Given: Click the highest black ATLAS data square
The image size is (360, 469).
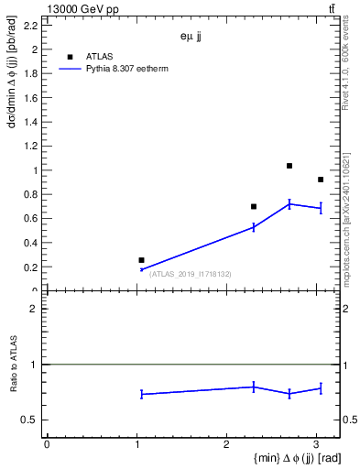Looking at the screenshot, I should pos(289,166).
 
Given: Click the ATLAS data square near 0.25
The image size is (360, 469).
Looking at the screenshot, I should pos(141,260).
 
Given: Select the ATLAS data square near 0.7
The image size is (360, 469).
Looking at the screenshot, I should pos(254,206).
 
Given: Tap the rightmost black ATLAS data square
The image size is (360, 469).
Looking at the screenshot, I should pos(321,180).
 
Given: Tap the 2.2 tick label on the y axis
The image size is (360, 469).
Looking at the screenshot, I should pos(30,26).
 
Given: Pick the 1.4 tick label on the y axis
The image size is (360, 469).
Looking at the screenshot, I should pos(30,122).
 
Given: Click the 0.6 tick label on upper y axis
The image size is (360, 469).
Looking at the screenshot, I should pos(30,219).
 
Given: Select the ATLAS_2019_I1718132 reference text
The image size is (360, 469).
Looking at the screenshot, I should pos(191,274).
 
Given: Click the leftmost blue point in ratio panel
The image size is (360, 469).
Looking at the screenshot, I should pos(142,394).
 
